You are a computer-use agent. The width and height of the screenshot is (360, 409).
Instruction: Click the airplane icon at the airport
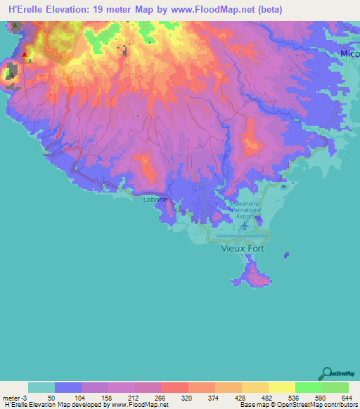[245, 226]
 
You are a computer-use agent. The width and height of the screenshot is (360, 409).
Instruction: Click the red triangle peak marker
[25, 54]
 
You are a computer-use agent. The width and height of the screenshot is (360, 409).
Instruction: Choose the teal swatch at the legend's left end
[41, 387]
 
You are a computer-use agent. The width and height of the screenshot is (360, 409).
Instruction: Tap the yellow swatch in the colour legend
[282, 387]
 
